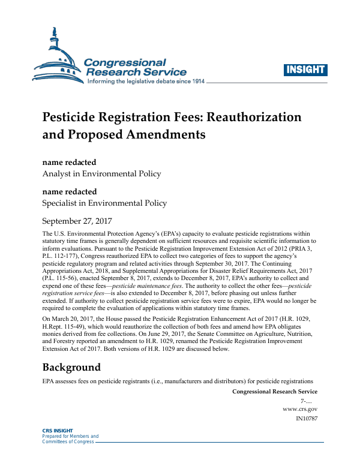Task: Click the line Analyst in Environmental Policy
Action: coord(101,174)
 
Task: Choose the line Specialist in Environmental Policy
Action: coord(104,203)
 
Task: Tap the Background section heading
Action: coord(71,366)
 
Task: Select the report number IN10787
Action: coord(307,418)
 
